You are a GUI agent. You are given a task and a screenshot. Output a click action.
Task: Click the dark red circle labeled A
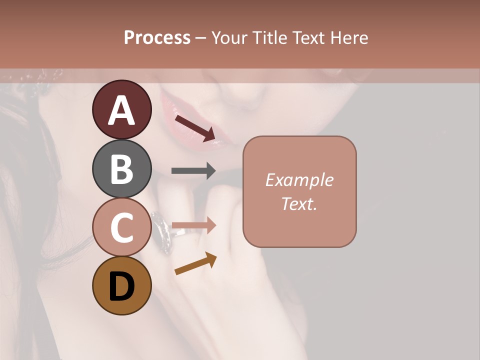(121, 109)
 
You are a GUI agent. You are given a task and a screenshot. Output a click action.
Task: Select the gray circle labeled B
(121, 168)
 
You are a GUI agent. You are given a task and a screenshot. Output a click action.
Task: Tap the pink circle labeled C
(121, 227)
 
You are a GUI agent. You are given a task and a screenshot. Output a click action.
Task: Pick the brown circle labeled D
(121, 285)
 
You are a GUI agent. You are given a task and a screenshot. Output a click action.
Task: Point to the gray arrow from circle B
(193, 171)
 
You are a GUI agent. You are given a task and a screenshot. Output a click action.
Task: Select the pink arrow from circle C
(193, 225)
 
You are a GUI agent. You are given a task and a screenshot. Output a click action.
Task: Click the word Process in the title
(157, 37)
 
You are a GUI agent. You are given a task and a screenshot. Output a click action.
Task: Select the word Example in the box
(299, 180)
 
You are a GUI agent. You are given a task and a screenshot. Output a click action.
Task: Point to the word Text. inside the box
(299, 203)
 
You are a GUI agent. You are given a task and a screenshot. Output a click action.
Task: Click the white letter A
(121, 110)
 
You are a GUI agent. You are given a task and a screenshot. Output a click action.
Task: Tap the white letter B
(121, 169)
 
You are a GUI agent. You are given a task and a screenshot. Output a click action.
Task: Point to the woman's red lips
(192, 125)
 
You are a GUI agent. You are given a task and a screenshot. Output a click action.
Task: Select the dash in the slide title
(200, 38)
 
